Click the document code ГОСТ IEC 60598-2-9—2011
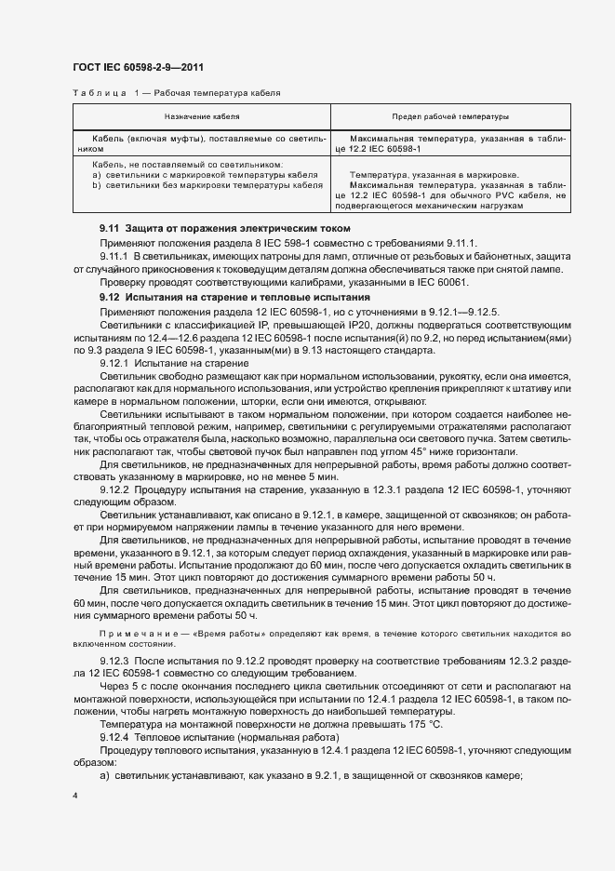[x=138, y=68]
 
